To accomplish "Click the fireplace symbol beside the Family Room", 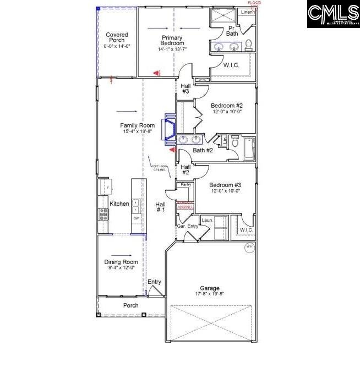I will tap(168, 131).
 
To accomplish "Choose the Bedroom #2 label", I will tap(227, 105).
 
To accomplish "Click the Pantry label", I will tap(186, 184).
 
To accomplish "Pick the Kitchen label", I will tap(119, 204).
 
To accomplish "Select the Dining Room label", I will tap(121, 262).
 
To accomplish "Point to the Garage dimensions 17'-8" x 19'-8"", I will tap(210, 294).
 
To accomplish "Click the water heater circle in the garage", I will tap(249, 247).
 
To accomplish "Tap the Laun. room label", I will tap(207, 220).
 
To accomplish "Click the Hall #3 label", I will tap(185, 88).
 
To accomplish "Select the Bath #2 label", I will tap(203, 150).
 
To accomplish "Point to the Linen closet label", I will tap(247, 12).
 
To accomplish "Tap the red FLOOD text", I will tap(254, 3).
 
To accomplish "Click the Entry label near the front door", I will tap(155, 282).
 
